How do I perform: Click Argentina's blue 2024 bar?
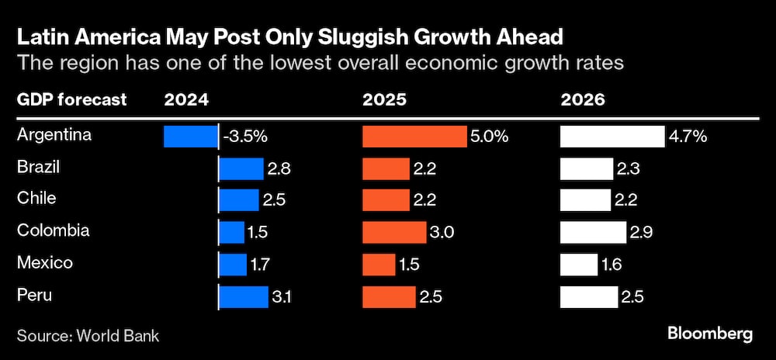[191, 137]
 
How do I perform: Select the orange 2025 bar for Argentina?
[414, 137]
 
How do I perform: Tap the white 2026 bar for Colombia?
[594, 232]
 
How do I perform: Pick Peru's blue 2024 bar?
[243, 296]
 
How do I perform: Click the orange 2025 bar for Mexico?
[379, 264]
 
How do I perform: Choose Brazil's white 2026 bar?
[587, 168]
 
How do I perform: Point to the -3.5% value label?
[244, 137]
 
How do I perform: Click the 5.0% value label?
[489, 137]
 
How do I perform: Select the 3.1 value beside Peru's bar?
[281, 296]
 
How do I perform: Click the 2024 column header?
[186, 100]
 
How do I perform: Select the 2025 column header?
[384, 100]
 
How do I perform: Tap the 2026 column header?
[584, 100]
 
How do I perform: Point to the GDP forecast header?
[71, 100]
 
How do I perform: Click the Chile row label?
[36, 199]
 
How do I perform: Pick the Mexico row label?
[45, 263]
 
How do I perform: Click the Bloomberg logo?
[709, 334]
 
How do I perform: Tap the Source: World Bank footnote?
[88, 335]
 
